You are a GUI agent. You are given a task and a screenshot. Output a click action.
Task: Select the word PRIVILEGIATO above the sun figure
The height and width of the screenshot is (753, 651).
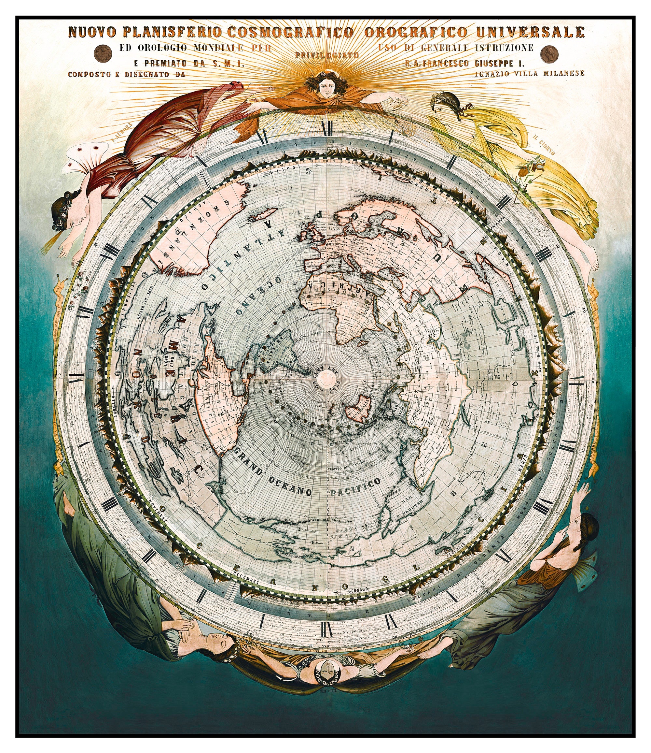[x=327, y=55]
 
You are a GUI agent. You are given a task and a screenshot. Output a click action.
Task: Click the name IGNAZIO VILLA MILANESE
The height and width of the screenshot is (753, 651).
[x=529, y=73]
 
